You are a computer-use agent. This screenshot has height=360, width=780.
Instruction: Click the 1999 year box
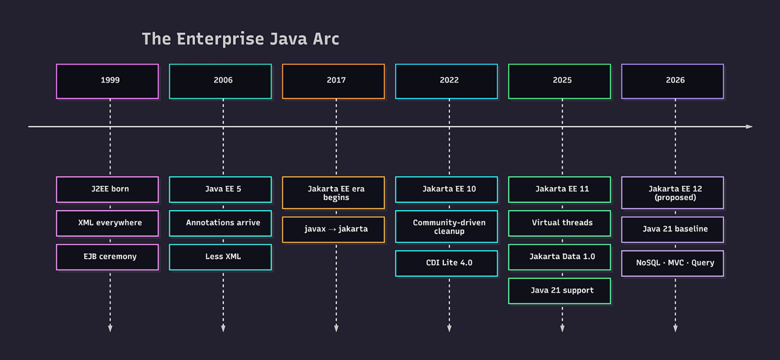click(107, 81)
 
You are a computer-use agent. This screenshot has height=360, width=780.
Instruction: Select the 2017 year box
click(333, 81)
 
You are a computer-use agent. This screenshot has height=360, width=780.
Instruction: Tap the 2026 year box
click(673, 81)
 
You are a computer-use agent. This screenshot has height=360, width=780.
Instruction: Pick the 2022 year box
click(447, 81)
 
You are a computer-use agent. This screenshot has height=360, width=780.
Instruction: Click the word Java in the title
click(288, 39)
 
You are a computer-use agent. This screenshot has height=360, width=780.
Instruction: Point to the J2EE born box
click(107, 190)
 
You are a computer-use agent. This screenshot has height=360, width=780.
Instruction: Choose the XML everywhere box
click(107, 223)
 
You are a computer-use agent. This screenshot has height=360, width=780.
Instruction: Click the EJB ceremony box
click(107, 257)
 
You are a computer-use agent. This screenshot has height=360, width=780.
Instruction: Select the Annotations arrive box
click(221, 223)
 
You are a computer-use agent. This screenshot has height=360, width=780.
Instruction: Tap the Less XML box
click(221, 257)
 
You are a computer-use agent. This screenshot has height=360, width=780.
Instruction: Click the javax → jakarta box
click(333, 230)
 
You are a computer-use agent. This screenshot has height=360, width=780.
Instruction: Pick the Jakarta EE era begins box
click(333, 193)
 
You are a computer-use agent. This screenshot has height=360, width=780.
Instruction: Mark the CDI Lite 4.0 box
click(447, 264)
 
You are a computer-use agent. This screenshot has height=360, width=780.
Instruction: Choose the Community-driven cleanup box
click(447, 227)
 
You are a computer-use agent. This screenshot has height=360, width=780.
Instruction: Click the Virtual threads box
click(559, 223)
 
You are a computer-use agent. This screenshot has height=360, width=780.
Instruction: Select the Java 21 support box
click(559, 291)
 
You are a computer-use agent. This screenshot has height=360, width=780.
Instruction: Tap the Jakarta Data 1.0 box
click(559, 257)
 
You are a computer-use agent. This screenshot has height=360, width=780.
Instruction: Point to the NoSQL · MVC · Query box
click(673, 264)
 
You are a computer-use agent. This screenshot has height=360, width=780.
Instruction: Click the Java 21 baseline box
click(673, 230)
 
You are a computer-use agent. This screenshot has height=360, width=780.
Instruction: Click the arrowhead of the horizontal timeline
click(749, 127)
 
